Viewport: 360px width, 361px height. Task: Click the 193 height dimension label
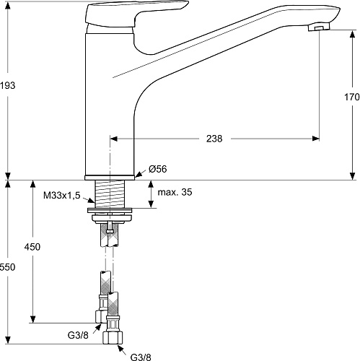pos(7,85)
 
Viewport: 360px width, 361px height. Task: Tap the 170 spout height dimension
pos(351,97)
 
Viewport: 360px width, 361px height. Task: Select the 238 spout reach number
pos(214,139)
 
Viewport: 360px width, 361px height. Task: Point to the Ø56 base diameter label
pos(158,169)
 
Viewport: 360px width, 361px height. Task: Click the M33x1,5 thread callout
pos(62,195)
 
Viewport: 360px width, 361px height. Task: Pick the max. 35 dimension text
pos(175,192)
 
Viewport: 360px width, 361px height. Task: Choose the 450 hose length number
pos(32,247)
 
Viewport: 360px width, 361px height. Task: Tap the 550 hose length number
pos(7,267)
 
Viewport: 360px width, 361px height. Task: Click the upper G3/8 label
pos(78,335)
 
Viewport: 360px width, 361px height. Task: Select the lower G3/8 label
pos(141,357)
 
